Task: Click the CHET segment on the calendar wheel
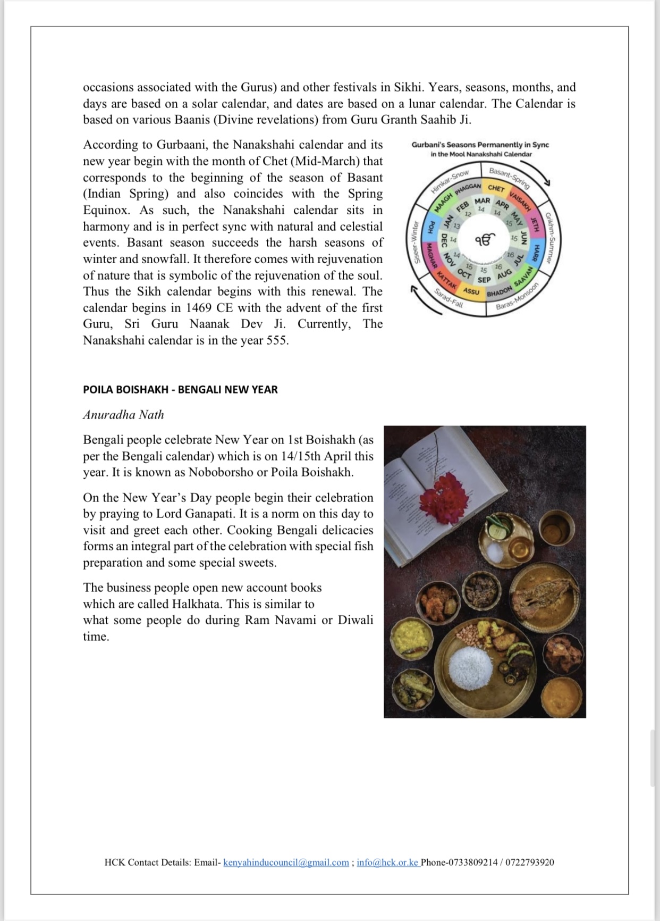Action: click(x=496, y=188)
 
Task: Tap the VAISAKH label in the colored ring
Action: click(x=520, y=202)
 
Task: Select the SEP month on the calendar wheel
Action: click(x=484, y=280)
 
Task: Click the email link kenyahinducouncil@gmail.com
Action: click(x=286, y=863)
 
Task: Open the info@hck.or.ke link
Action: click(x=388, y=863)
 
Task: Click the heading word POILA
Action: click(x=98, y=389)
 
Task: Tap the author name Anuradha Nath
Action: click(x=123, y=415)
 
